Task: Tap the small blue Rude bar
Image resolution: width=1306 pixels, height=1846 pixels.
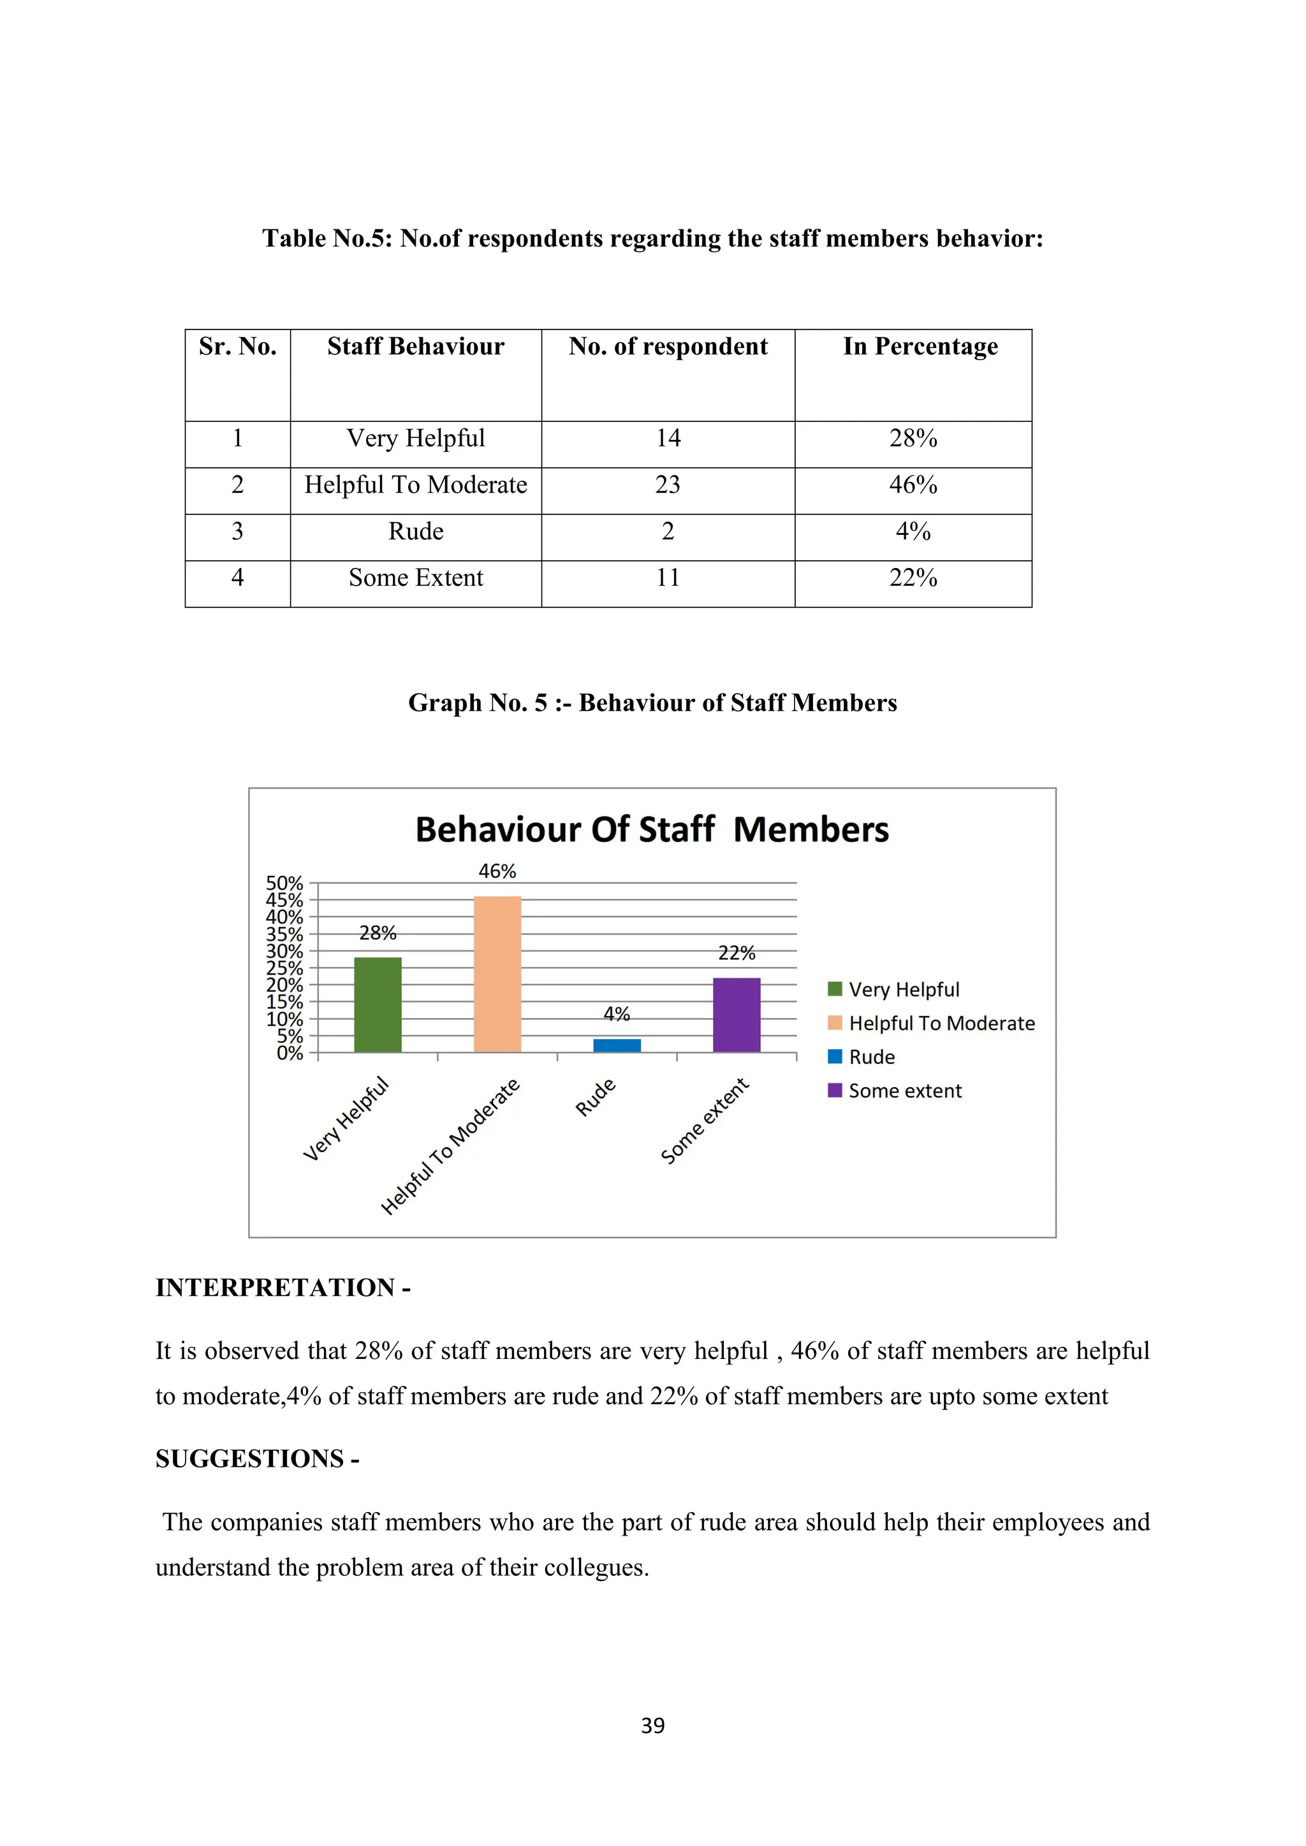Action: (617, 1045)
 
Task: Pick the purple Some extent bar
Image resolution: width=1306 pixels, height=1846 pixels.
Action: (736, 1015)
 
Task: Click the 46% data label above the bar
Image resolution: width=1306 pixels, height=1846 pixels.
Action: (497, 871)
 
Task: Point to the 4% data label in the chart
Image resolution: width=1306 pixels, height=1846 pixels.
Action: (617, 1014)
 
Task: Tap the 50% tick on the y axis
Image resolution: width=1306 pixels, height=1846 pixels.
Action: (284, 883)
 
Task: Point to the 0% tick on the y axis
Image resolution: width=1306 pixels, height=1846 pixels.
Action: (289, 1052)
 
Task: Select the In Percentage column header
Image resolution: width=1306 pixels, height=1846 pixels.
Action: (920, 347)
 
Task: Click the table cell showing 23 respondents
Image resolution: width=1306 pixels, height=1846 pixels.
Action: (668, 485)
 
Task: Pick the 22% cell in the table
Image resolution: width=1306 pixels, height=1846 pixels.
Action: (913, 578)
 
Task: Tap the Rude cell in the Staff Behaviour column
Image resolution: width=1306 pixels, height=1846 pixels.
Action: (416, 532)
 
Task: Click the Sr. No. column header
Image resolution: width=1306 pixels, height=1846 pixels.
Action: (237, 347)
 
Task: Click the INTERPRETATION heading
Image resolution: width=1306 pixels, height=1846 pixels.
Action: (283, 1287)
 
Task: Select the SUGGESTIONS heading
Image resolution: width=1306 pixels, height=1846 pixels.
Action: (258, 1458)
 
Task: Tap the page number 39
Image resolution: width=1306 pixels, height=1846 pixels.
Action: (652, 1726)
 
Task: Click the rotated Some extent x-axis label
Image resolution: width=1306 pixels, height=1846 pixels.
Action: (705, 1121)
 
